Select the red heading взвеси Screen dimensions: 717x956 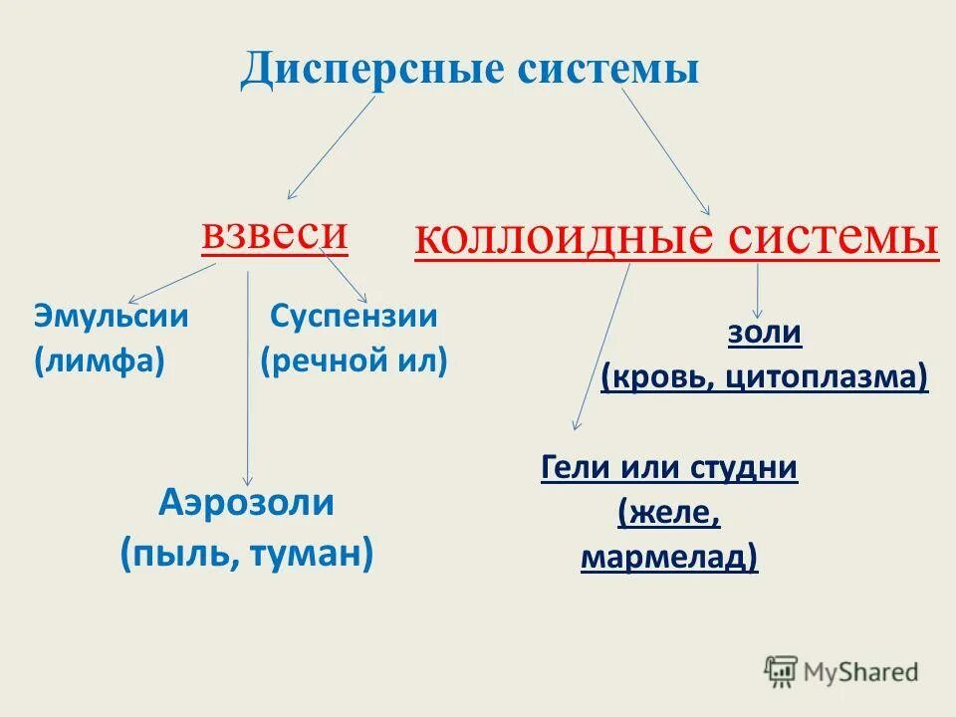[275, 234]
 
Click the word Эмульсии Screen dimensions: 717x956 [112, 317]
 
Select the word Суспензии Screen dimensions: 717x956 [354, 317]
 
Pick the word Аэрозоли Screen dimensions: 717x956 [246, 503]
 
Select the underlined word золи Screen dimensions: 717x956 [764, 333]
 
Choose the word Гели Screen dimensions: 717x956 [576, 467]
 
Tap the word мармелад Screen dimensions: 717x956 [668, 558]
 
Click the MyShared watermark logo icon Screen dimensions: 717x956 [782, 670]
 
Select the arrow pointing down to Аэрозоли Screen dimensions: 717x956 [248, 378]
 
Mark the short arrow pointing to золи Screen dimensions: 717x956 [759, 291]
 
